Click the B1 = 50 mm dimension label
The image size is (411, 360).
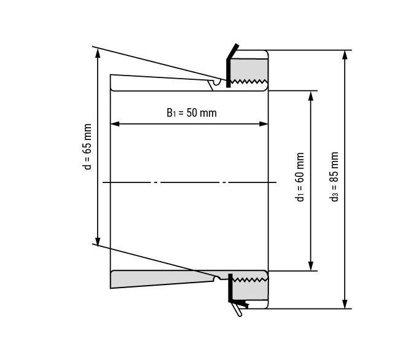(x=192, y=113)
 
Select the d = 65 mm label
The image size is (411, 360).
(x=88, y=147)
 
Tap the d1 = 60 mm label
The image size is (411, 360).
(x=300, y=177)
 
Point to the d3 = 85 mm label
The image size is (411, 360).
(x=334, y=176)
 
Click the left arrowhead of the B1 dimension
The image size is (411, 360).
(x=115, y=123)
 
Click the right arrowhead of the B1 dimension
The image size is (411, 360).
(x=263, y=123)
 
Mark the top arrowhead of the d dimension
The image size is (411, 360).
(x=98, y=53)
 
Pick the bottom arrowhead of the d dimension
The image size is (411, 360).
(x=98, y=242)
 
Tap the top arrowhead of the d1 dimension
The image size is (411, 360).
(x=311, y=96)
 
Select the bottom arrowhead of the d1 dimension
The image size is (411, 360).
(x=311, y=265)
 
